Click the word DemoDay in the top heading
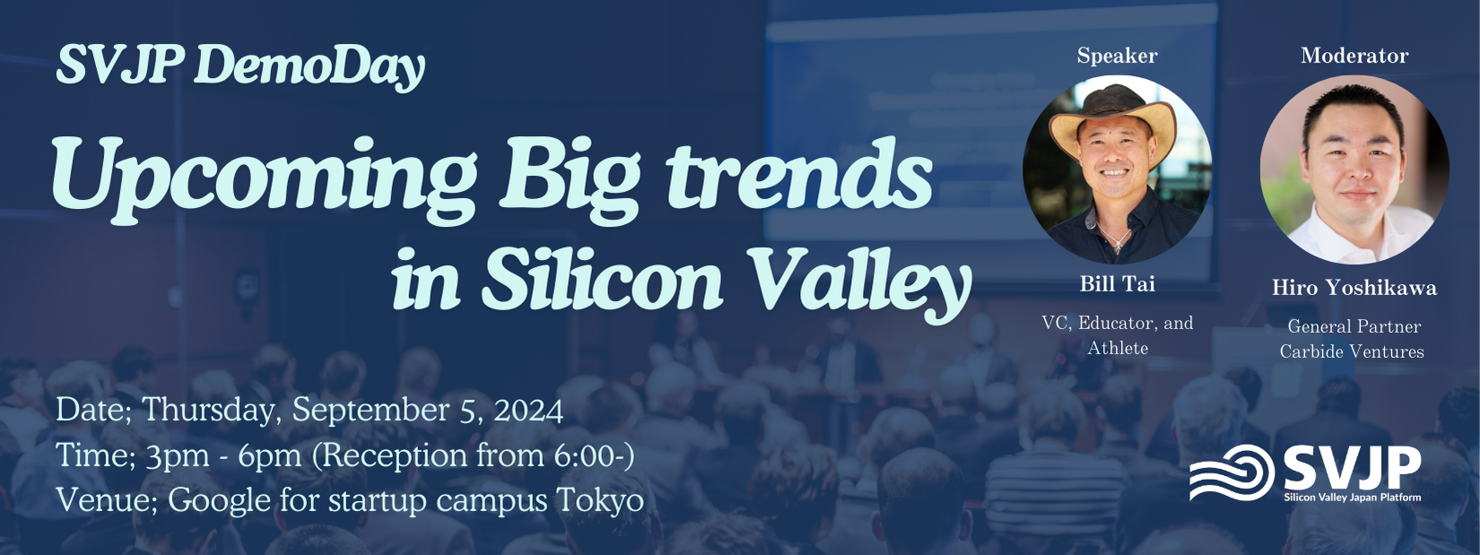point(309,66)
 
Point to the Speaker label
point(1118,56)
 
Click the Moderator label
point(1354,56)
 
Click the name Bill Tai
point(1118,283)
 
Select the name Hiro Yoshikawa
point(1354,288)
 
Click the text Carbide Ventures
point(1352,351)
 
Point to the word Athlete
point(1118,348)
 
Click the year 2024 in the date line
point(528,411)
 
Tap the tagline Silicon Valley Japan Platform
point(1353,498)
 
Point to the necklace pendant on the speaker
point(1118,245)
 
